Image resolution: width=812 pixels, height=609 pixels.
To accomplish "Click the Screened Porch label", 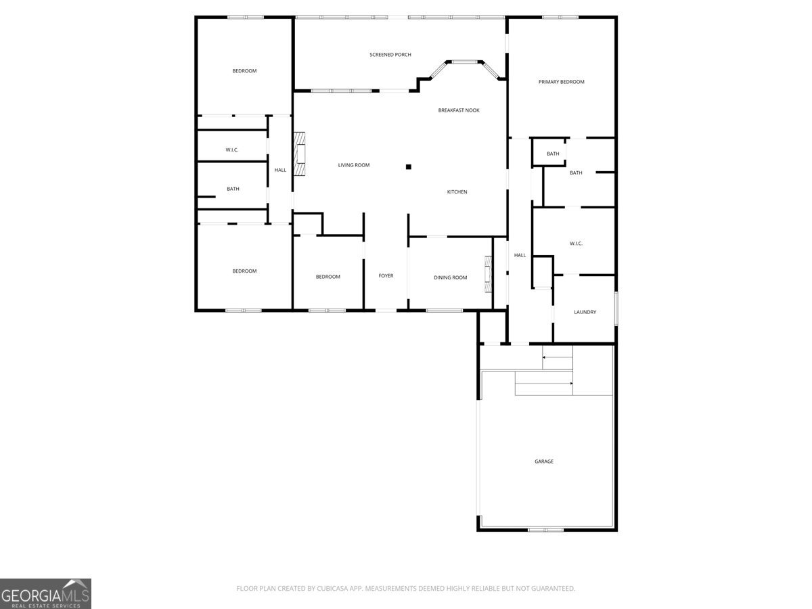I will pos(390,55).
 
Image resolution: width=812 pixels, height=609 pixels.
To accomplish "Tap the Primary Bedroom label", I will pos(561,82).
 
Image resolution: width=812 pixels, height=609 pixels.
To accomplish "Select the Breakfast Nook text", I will pos(459,110).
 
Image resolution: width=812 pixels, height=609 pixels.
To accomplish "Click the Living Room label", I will pos(354,165).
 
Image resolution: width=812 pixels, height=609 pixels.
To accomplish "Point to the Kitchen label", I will pos(457,192).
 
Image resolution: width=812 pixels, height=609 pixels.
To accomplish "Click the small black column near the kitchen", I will pos(408,166).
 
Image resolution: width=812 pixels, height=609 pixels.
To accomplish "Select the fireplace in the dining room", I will pos(487,274).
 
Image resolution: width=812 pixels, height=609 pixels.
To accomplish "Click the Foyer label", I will pos(386,276).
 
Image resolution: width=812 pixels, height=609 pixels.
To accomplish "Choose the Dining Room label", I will pos(450,277).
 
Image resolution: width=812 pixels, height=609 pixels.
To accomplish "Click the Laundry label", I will pos(585,312).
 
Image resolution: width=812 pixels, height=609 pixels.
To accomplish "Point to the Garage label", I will pos(544,461).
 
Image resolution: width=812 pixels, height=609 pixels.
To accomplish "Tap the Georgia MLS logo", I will pos(45,593).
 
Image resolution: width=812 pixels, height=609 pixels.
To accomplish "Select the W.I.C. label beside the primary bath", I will pos(576,244).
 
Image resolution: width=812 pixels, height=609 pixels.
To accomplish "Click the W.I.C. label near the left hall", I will pos(232,150).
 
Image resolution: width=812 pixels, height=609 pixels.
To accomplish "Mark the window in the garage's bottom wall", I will pos(545,529).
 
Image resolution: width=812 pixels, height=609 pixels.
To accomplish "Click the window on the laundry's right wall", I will pos(616,308).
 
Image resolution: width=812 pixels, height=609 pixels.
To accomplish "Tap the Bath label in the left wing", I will pos(233,189).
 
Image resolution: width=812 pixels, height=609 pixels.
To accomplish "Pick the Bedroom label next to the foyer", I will pos(328,277).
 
